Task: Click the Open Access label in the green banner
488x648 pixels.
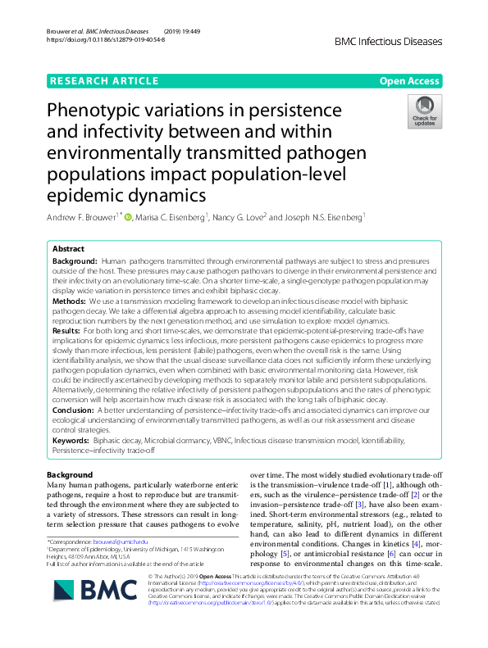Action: [409, 81]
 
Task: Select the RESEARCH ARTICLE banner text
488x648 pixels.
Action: [104, 81]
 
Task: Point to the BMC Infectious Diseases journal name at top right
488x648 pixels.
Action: [389, 41]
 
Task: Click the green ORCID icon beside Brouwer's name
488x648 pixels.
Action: [129, 216]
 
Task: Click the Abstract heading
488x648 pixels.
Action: [68, 248]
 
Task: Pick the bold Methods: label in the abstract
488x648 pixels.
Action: [71, 301]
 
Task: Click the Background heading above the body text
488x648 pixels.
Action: [70, 475]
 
